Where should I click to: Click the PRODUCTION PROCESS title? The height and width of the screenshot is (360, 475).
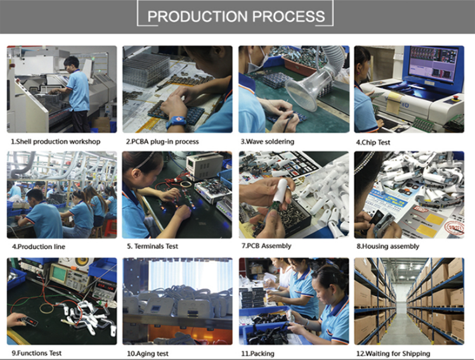pyautogui.click(x=236, y=16)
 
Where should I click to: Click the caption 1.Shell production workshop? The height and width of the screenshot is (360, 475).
pyautogui.click(x=56, y=142)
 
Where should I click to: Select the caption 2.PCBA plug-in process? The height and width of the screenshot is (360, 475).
pyautogui.click(x=162, y=142)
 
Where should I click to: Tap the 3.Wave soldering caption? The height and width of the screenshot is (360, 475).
pyautogui.click(x=268, y=142)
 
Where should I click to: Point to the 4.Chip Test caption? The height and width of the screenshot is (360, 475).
pyautogui.click(x=373, y=143)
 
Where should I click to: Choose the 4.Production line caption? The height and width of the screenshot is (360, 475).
pyautogui.click(x=39, y=247)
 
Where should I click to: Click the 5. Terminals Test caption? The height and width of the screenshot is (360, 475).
pyautogui.click(x=152, y=247)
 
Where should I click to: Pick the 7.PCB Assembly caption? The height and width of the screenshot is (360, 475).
pyautogui.click(x=266, y=246)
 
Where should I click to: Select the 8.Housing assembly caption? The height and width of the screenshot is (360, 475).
pyautogui.click(x=387, y=247)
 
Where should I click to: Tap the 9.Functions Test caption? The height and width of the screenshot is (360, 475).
pyautogui.click(x=36, y=353)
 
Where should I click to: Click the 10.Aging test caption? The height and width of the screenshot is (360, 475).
pyautogui.click(x=148, y=354)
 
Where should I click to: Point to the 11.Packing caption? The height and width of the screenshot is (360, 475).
pyautogui.click(x=257, y=354)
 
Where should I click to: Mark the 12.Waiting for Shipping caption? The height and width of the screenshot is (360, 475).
pyautogui.click(x=393, y=354)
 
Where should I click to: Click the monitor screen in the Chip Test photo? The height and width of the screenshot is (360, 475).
pyautogui.click(x=433, y=64)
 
